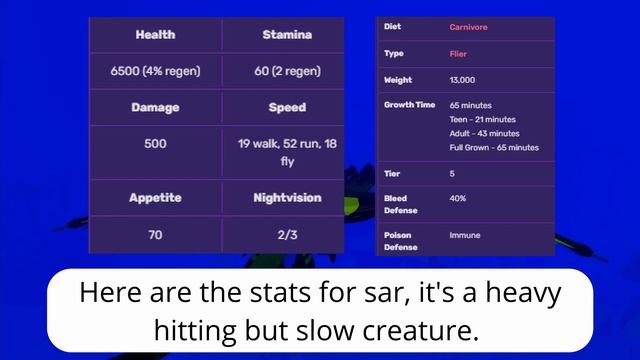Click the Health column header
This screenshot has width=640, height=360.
(155, 35)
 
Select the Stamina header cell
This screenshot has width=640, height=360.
(286, 35)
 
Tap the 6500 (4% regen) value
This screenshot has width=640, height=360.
(155, 72)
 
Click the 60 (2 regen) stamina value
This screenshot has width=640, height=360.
(286, 72)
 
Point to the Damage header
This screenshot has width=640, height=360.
(155, 108)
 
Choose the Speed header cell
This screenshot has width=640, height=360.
(286, 108)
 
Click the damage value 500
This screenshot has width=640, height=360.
(155, 144)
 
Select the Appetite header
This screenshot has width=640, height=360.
(155, 198)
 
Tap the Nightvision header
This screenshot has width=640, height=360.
(286, 198)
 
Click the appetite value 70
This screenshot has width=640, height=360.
(155, 235)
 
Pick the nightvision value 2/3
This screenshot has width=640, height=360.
(286, 235)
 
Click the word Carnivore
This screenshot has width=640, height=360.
(470, 27)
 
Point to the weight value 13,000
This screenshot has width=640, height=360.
(464, 80)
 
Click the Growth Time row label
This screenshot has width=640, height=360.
(409, 105)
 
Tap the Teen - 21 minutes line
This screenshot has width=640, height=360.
(484, 119)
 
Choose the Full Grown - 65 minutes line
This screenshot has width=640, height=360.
(494, 147)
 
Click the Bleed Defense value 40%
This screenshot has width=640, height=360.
(458, 198)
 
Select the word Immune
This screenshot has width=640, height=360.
(465, 235)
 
